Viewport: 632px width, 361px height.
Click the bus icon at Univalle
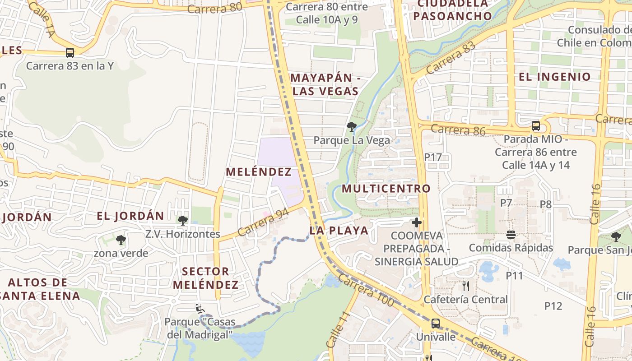pyautogui.click(x=435, y=323)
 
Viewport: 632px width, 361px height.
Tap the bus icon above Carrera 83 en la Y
pyautogui.click(x=70, y=52)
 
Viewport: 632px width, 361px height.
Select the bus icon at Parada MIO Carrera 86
pyautogui.click(x=535, y=126)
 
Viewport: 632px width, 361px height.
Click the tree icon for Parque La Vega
pyautogui.click(x=351, y=127)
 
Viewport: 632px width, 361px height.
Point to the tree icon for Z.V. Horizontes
pyautogui.click(x=183, y=221)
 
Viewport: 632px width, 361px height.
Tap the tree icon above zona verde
pyautogui.click(x=121, y=240)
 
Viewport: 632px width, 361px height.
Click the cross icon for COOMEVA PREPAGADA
pyautogui.click(x=416, y=222)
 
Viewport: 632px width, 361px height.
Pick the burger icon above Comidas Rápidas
pyautogui.click(x=511, y=234)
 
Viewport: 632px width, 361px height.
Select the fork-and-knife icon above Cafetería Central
pyautogui.click(x=466, y=286)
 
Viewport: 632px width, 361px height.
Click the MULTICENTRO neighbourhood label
pyautogui.click(x=386, y=188)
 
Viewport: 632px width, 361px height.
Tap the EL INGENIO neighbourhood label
pyautogui.click(x=554, y=77)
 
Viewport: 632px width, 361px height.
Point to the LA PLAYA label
pyautogui.click(x=339, y=231)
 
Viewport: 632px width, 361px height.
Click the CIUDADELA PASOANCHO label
pyautogui.click(x=452, y=10)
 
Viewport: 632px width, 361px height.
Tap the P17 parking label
pyautogui.click(x=432, y=157)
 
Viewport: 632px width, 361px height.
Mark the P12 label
pyautogui.click(x=553, y=306)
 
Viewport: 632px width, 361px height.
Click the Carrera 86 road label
pyautogui.click(x=458, y=130)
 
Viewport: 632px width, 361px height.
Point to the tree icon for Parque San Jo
pyautogui.click(x=616, y=236)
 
